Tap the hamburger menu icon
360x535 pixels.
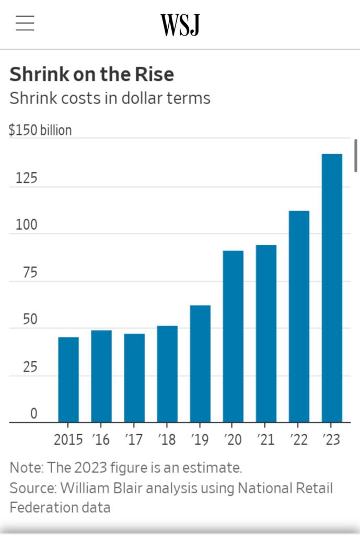pyautogui.click(x=25, y=24)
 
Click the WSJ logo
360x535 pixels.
pyautogui.click(x=180, y=25)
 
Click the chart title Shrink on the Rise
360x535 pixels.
pyautogui.click(x=91, y=75)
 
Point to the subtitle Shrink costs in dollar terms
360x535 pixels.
pyautogui.click(x=110, y=98)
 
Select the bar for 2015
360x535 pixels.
pyautogui.click(x=68, y=379)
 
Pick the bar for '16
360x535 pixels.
pyautogui.click(x=101, y=376)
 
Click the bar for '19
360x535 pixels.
pyautogui.click(x=200, y=364)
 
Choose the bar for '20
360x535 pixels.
pyautogui.click(x=233, y=336)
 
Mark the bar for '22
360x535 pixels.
pyautogui.click(x=299, y=317)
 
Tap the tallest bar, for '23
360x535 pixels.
pyautogui.click(x=332, y=288)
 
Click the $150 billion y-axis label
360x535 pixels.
pyautogui.click(x=40, y=130)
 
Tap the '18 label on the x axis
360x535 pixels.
pyautogui.click(x=167, y=439)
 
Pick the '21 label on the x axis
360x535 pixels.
pyautogui.click(x=266, y=439)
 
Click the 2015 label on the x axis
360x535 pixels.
pyautogui.click(x=68, y=439)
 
